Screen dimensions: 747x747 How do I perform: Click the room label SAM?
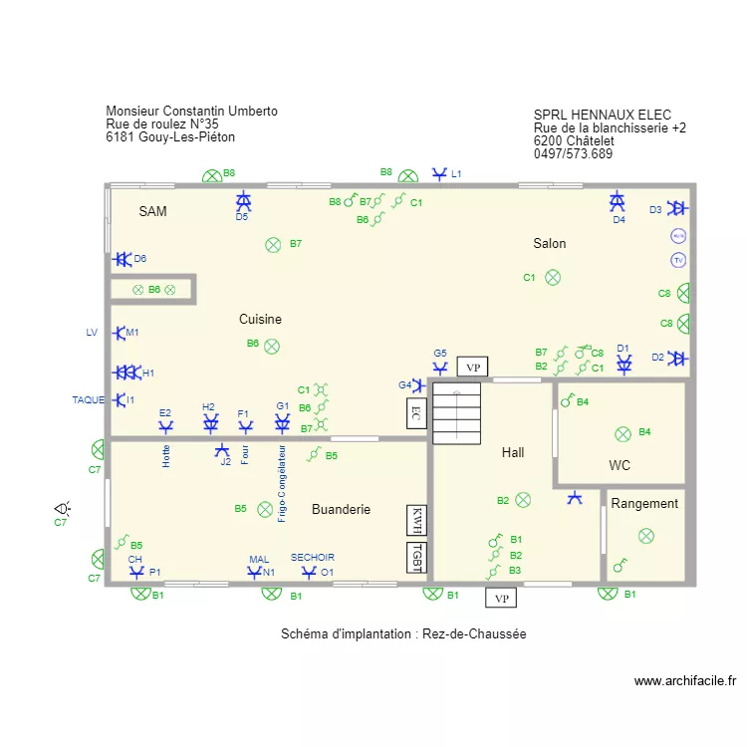coord(153,211)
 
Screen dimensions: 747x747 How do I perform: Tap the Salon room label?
coord(549,244)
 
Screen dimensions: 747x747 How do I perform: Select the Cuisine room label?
coord(260,320)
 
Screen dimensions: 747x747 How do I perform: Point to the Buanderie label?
coord(341,509)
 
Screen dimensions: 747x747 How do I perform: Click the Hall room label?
coord(513,452)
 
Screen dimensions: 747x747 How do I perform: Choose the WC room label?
coord(620,465)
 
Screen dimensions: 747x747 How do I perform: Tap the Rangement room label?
coord(644,504)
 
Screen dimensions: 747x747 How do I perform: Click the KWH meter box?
coord(417,520)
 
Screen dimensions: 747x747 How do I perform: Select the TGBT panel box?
coord(417,558)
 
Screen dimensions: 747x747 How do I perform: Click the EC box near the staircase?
coord(416,412)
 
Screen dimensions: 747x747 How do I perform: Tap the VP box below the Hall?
coord(501,598)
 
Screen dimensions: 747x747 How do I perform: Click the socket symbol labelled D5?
coord(243,201)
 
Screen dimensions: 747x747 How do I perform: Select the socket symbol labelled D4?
coord(618,202)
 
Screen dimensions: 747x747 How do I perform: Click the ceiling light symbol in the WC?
coord(622,433)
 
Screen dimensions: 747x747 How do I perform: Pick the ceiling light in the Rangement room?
coord(645,536)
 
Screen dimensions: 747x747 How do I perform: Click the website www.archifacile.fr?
coord(685,681)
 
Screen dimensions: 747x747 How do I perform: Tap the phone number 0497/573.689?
coord(573,154)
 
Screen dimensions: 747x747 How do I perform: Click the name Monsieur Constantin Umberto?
coord(191,112)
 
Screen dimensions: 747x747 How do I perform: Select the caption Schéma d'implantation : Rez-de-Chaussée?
coord(403,633)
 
